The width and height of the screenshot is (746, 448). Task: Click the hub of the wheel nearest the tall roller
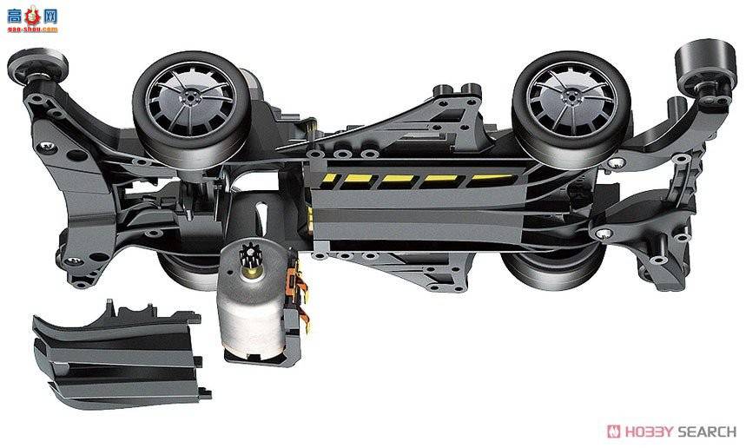click(571, 97)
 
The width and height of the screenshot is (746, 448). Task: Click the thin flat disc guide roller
click(37, 65)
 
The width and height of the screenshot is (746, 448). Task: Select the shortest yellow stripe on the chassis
click(329, 178)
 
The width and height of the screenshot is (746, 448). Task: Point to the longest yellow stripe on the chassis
click(492, 180)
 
